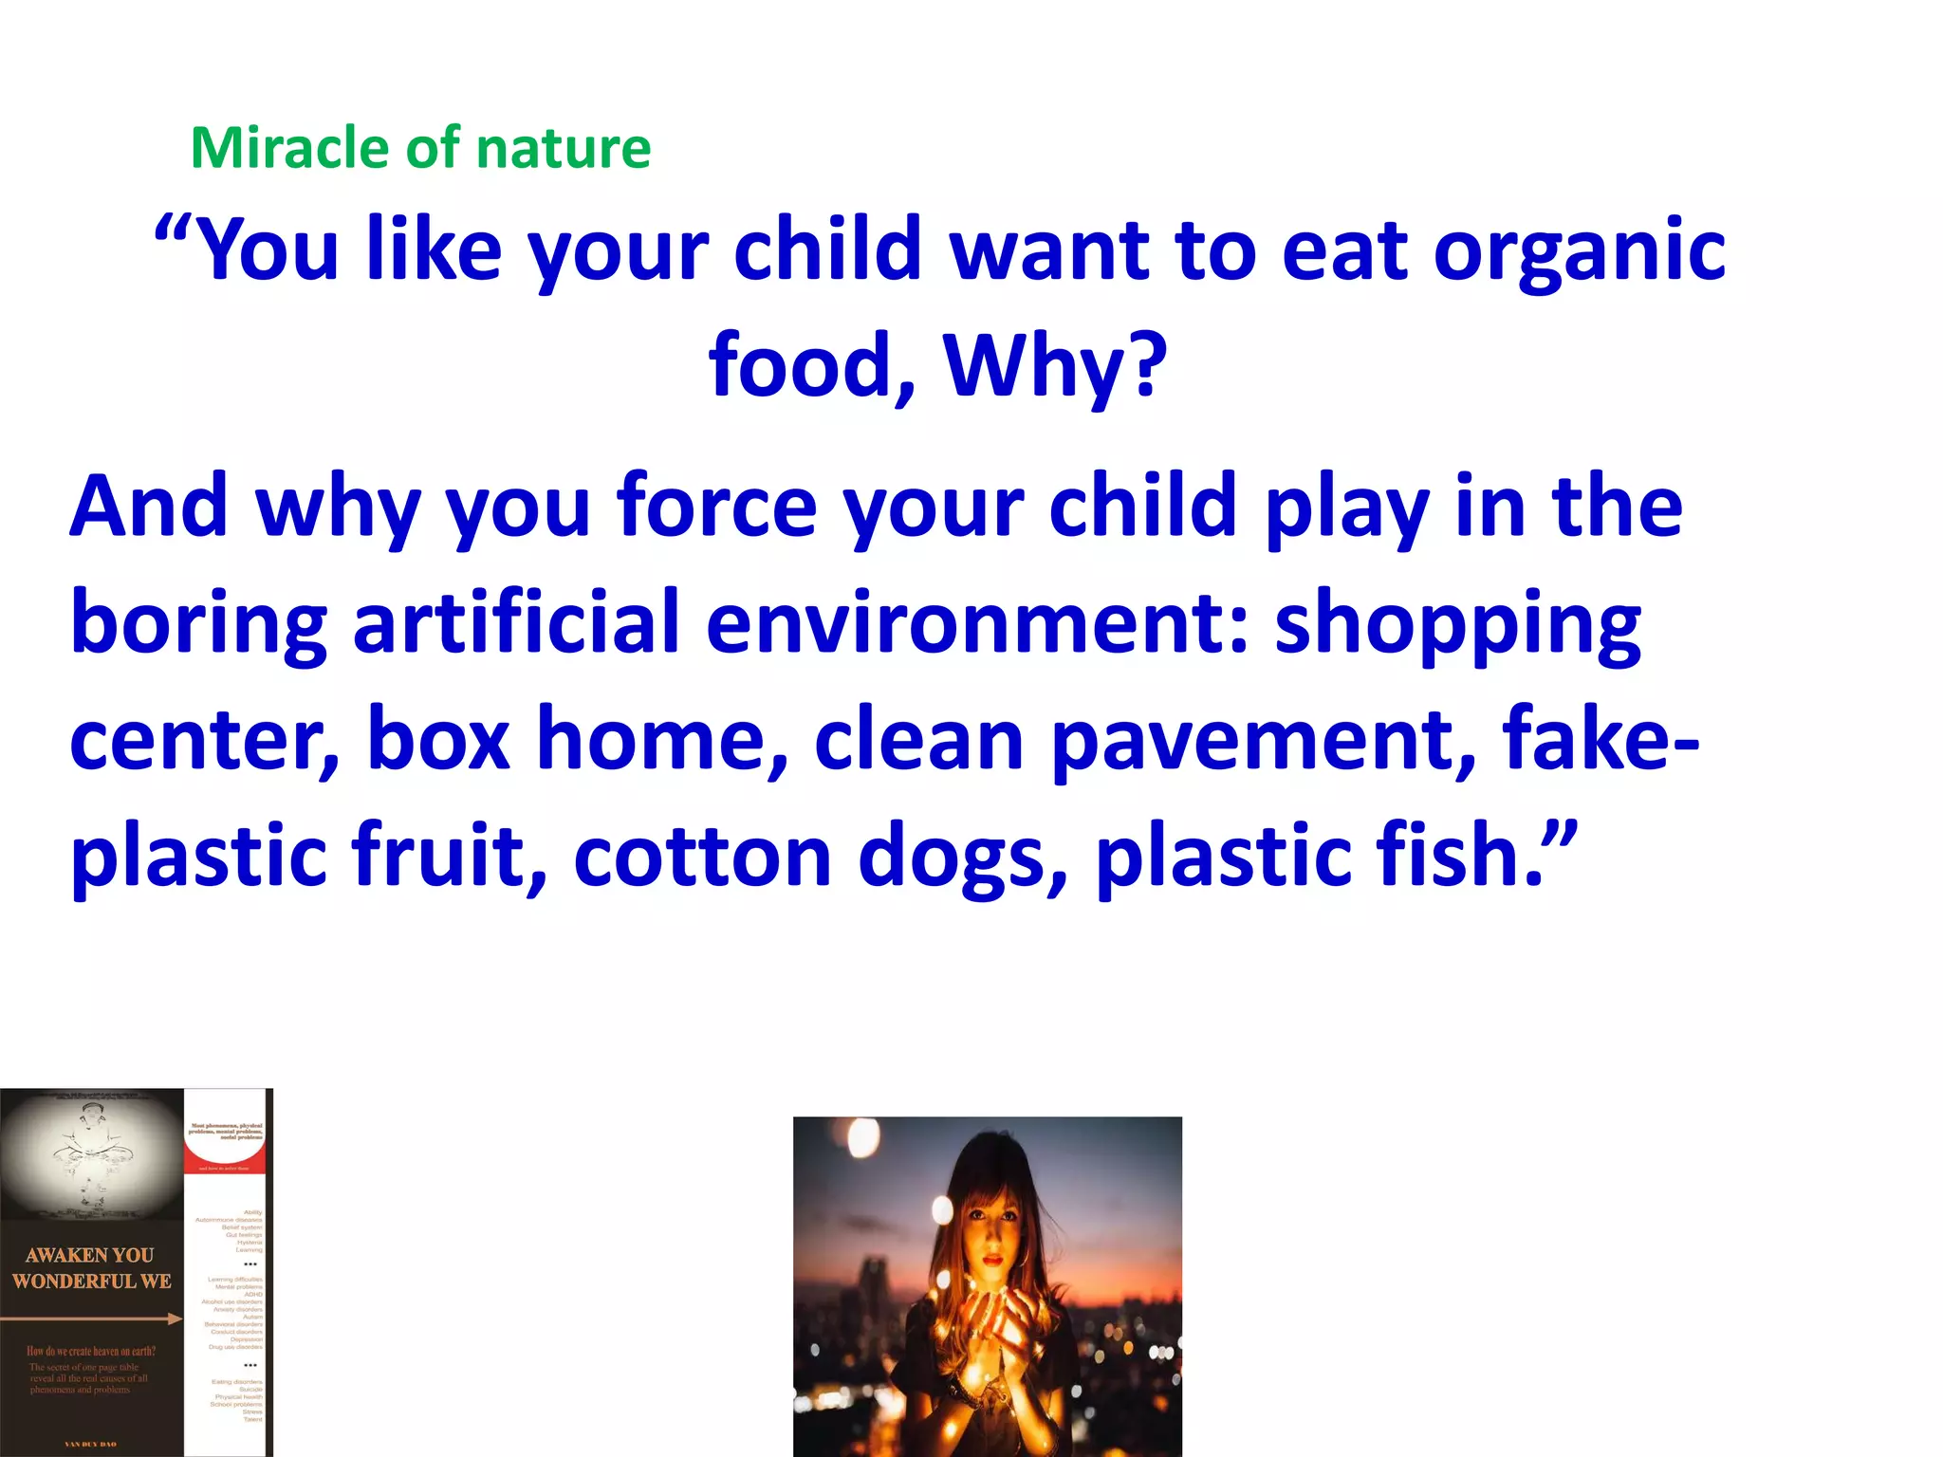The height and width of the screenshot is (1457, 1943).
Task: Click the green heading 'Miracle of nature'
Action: coord(420,149)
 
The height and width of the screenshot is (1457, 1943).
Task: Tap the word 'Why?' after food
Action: coord(1055,367)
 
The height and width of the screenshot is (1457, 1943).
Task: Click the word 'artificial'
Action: coord(517,623)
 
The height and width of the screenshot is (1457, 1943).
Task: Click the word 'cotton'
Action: coord(702,857)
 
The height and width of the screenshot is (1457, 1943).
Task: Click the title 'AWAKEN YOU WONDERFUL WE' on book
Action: coord(91,1268)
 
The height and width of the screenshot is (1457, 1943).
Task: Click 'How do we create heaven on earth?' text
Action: coord(91,1351)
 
